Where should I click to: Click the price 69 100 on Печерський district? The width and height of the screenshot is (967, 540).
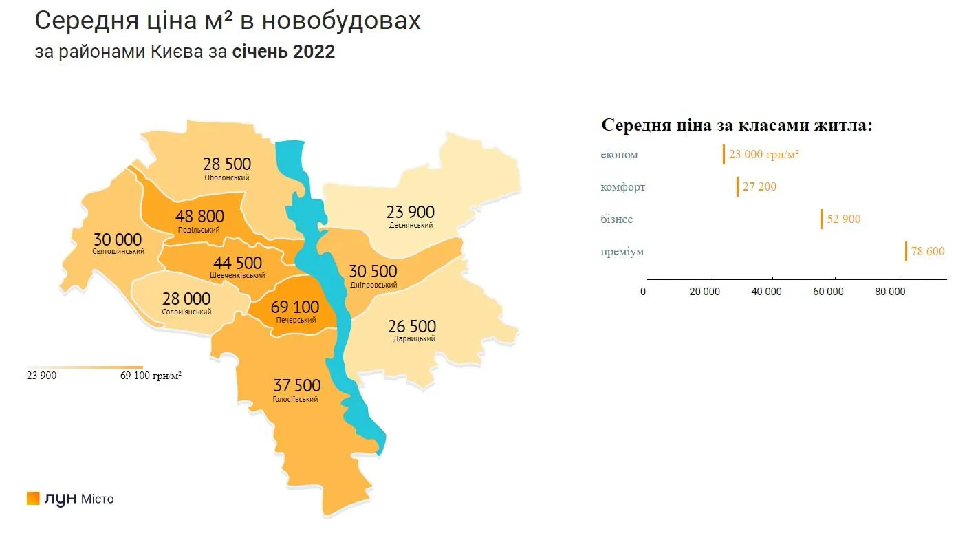tap(296, 307)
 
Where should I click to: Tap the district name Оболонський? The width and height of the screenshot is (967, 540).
tap(227, 177)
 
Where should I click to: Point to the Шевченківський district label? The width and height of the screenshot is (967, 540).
tap(238, 275)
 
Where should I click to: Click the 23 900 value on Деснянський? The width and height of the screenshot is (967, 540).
tap(411, 212)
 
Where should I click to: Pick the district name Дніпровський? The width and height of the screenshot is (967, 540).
tap(373, 285)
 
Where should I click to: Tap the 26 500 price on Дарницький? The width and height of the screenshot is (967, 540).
tap(412, 325)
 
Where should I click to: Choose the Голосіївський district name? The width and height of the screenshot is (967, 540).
tap(296, 399)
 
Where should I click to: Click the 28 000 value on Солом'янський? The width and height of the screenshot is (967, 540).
tap(186, 299)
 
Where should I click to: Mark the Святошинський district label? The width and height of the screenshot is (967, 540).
tap(118, 251)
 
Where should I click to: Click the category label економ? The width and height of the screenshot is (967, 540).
tap(619, 154)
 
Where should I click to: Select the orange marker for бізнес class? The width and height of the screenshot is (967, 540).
tap(821, 219)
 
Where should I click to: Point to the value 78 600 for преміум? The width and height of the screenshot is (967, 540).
tap(928, 251)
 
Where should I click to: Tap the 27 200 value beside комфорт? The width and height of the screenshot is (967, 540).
tap(759, 186)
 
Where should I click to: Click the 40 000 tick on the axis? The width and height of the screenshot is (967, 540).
tap(766, 292)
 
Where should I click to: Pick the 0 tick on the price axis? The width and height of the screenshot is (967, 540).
tap(643, 292)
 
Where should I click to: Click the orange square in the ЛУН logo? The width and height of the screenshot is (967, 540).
tap(33, 498)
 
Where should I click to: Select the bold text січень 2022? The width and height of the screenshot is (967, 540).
tap(283, 52)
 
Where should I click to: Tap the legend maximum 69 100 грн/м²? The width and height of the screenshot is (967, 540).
tap(151, 376)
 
